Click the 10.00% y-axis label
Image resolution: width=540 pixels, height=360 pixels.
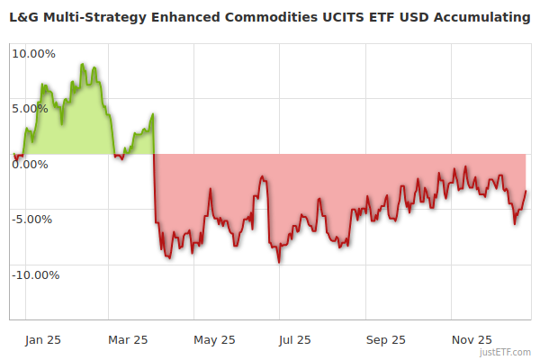(33, 53)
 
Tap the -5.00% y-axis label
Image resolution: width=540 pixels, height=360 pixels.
(34, 219)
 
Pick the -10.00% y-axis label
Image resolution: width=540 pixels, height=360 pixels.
(34, 274)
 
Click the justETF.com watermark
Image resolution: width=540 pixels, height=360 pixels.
(505, 352)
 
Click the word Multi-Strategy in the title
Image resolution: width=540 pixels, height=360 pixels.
(94, 17)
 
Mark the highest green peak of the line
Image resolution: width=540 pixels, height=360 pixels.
(82, 65)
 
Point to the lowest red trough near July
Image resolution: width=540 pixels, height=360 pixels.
(279, 262)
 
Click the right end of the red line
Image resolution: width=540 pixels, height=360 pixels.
(526, 191)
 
